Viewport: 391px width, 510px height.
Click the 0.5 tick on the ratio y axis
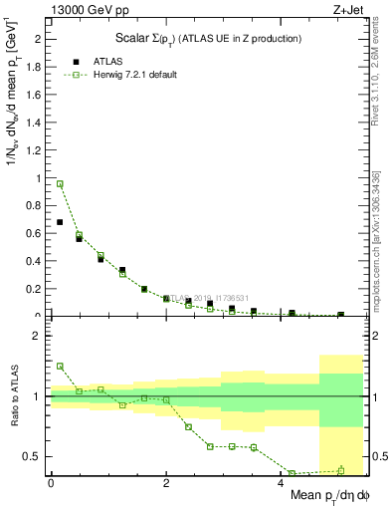point(37,457)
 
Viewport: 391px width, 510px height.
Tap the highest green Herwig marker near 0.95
point(60,184)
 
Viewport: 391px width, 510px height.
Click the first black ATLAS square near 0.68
point(60,222)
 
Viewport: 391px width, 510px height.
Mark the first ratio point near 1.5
point(60,366)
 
